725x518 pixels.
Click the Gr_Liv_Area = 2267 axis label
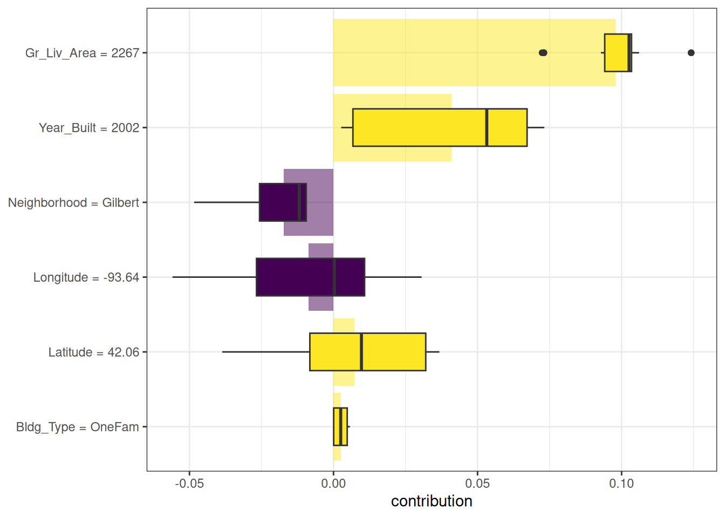[x=82, y=53]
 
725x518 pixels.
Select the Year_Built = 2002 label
[x=89, y=128]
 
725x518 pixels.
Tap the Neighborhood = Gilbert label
[x=73, y=203]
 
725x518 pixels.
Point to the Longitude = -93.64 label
[x=86, y=277]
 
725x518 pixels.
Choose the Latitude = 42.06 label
[x=94, y=352]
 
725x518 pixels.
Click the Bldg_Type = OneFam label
[x=78, y=427]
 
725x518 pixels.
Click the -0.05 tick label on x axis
[x=189, y=483]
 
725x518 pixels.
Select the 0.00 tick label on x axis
[x=333, y=483]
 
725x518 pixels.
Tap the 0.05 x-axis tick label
[x=477, y=483]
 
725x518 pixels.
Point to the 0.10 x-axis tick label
[x=621, y=483]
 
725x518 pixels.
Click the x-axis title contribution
[x=432, y=501]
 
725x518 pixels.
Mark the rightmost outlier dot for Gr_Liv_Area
[x=691, y=53]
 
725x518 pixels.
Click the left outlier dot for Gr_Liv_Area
[x=543, y=53]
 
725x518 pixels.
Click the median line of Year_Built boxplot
[x=487, y=127]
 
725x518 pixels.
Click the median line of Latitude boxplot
[x=361, y=352]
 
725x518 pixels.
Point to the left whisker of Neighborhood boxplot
[x=227, y=202]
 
